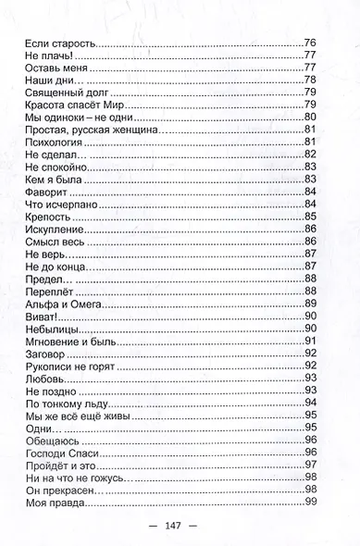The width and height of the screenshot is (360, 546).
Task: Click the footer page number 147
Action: tap(179, 525)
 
